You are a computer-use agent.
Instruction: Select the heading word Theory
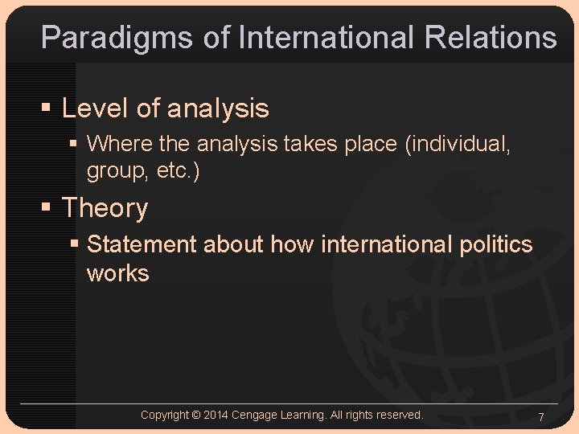coord(105,208)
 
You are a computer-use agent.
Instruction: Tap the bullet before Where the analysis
coord(74,145)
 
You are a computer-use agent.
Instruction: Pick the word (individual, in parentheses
coord(458,144)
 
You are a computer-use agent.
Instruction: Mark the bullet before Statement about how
coord(74,244)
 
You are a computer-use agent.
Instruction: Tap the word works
coord(117,273)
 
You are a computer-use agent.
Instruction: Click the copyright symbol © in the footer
coord(196,415)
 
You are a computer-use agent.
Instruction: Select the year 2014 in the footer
coord(216,415)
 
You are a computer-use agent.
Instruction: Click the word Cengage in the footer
coord(254,415)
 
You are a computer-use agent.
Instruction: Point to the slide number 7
coord(541,417)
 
